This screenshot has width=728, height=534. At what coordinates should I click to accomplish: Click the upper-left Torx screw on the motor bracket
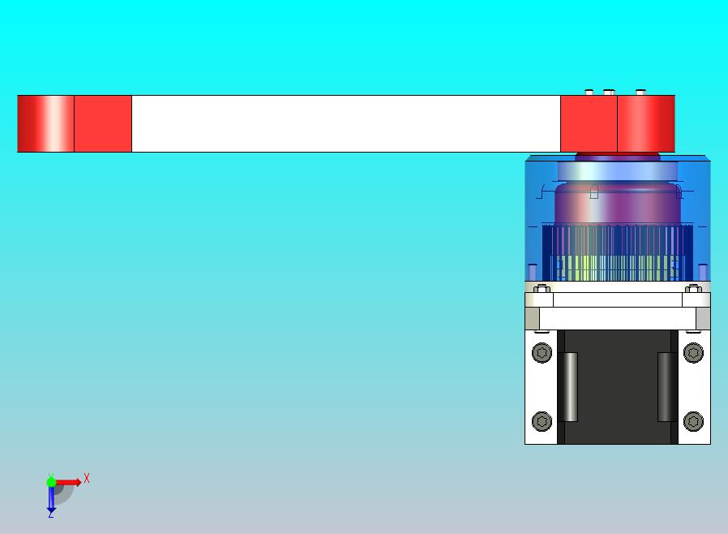click(542, 353)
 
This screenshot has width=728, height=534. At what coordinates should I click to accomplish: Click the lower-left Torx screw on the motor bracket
click(542, 421)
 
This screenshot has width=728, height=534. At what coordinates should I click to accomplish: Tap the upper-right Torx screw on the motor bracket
click(693, 353)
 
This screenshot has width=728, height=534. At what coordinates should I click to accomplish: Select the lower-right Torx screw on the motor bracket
click(693, 421)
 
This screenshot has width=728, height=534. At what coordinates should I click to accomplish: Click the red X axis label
click(87, 478)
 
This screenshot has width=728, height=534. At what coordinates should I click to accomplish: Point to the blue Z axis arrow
click(51, 500)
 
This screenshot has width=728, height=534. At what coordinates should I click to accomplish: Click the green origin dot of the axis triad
click(51, 482)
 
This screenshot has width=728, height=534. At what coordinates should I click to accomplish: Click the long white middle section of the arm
click(346, 123)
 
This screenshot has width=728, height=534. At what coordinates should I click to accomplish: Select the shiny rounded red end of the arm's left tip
click(45, 123)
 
